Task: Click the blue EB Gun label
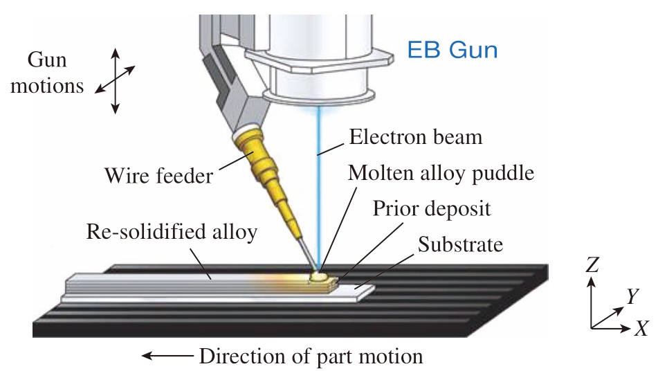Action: click(453, 50)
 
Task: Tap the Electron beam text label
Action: click(416, 137)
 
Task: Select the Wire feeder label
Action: click(158, 175)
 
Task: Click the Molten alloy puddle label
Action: click(441, 173)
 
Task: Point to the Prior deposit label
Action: click(431, 208)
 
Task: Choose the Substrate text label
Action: click(460, 244)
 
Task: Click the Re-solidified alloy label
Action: click(172, 231)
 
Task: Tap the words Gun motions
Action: click(47, 73)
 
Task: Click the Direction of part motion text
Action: click(311, 356)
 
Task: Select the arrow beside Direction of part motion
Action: click(167, 355)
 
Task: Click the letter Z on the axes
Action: click(592, 264)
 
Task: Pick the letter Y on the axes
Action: click(632, 296)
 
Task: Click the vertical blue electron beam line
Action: click(318, 188)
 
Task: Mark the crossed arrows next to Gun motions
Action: click(115, 80)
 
